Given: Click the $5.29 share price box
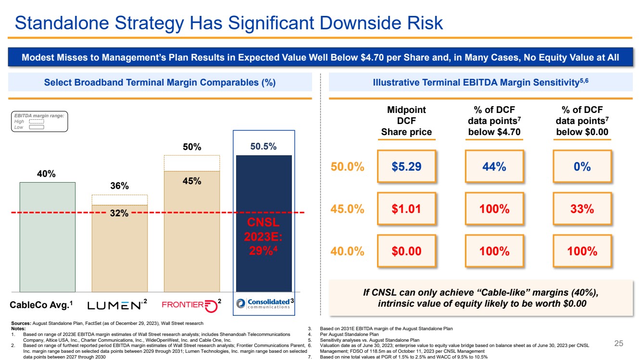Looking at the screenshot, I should coord(406,166).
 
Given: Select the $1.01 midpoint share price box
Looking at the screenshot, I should coord(406,209).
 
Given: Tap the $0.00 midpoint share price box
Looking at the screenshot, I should coord(406,251).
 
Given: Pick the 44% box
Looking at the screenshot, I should coord(494,166).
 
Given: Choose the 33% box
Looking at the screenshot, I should coord(582,209).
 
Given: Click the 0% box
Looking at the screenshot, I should coord(582,166).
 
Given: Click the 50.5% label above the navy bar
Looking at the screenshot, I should coord(264,146).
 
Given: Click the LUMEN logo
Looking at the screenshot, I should coord(113,305).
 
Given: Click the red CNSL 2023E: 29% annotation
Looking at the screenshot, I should coord(263,236).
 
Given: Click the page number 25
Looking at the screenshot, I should coord(618,343).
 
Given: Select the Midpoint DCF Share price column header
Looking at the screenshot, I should coord(406,121).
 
